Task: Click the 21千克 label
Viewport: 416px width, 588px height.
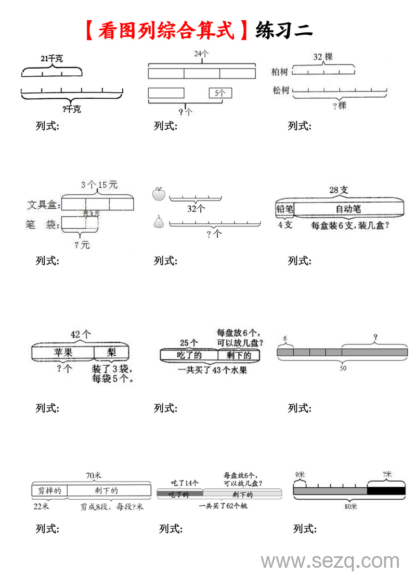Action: pyautogui.click(x=51, y=59)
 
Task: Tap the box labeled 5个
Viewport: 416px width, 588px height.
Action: pyautogui.click(x=220, y=93)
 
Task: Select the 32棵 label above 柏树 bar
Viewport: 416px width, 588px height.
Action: pyautogui.click(x=323, y=57)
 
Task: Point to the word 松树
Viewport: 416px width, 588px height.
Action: pyautogui.click(x=281, y=90)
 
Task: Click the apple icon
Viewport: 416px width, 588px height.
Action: pyautogui.click(x=159, y=194)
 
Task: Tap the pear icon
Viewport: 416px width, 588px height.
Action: pyautogui.click(x=159, y=222)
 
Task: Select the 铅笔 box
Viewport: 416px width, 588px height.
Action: pyautogui.click(x=285, y=209)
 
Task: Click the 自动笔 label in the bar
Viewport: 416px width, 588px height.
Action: pyautogui.click(x=348, y=209)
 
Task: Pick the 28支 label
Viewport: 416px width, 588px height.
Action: pyautogui.click(x=339, y=190)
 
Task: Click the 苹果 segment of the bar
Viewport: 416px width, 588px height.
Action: pyautogui.click(x=63, y=353)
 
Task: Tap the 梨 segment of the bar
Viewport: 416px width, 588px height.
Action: pyautogui.click(x=111, y=353)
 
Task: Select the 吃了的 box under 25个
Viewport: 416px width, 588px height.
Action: pyautogui.click(x=189, y=355)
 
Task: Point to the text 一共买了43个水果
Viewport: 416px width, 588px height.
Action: pyautogui.click(x=212, y=370)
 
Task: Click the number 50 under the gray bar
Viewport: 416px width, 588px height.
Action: pyautogui.click(x=343, y=368)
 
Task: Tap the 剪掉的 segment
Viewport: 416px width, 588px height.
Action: pyautogui.click(x=49, y=490)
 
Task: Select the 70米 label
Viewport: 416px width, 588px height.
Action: pyautogui.click(x=94, y=475)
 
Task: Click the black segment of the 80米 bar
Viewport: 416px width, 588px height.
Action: pyautogui.click(x=386, y=491)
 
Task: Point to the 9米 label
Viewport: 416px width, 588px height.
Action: pyautogui.click(x=300, y=474)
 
